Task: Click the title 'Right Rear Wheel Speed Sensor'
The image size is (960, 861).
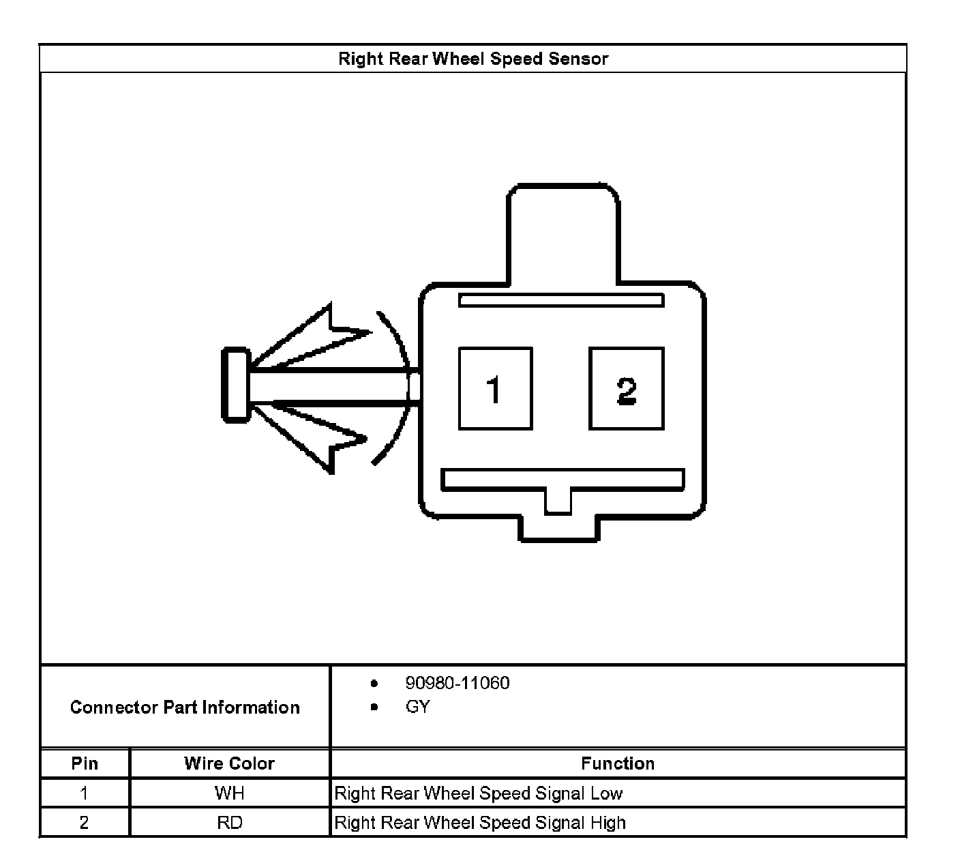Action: (x=472, y=59)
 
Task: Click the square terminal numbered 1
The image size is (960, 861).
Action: (x=495, y=388)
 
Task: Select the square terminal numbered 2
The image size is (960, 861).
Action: (x=626, y=388)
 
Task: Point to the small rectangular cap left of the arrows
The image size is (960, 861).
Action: (x=236, y=385)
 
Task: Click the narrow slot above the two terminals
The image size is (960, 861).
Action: (x=560, y=300)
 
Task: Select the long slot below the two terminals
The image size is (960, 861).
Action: (x=562, y=479)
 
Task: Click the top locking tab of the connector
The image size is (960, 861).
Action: (x=562, y=232)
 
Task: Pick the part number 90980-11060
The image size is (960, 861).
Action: (x=457, y=683)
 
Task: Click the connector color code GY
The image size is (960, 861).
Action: (x=417, y=707)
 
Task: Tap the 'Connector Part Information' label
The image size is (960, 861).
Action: (x=185, y=707)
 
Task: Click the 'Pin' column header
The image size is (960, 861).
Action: (x=85, y=763)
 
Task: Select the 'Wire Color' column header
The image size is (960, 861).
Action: (x=229, y=763)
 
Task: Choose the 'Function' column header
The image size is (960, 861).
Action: (x=618, y=763)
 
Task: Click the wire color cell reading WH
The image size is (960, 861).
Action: (x=229, y=793)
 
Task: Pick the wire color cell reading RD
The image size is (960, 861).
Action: (x=229, y=823)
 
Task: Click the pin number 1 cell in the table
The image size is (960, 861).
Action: (x=84, y=793)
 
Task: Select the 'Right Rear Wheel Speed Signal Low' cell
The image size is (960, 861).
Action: (x=479, y=793)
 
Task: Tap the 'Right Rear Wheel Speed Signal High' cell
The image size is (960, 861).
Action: (x=480, y=823)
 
